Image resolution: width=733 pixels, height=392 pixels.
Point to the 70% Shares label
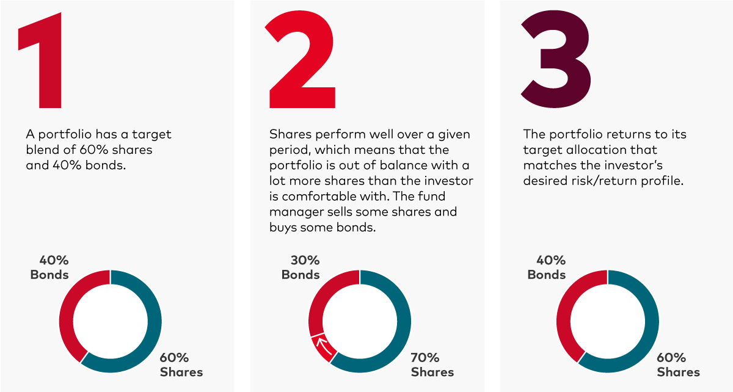tap(432, 365)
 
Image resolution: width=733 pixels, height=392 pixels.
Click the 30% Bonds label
tap(301, 267)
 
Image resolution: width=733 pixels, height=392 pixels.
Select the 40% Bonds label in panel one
tap(49, 267)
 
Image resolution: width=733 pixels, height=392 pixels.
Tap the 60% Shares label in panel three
tap(679, 365)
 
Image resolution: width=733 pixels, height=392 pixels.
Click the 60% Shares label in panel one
tap(181, 365)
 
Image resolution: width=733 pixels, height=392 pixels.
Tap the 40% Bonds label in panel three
tap(547, 267)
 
